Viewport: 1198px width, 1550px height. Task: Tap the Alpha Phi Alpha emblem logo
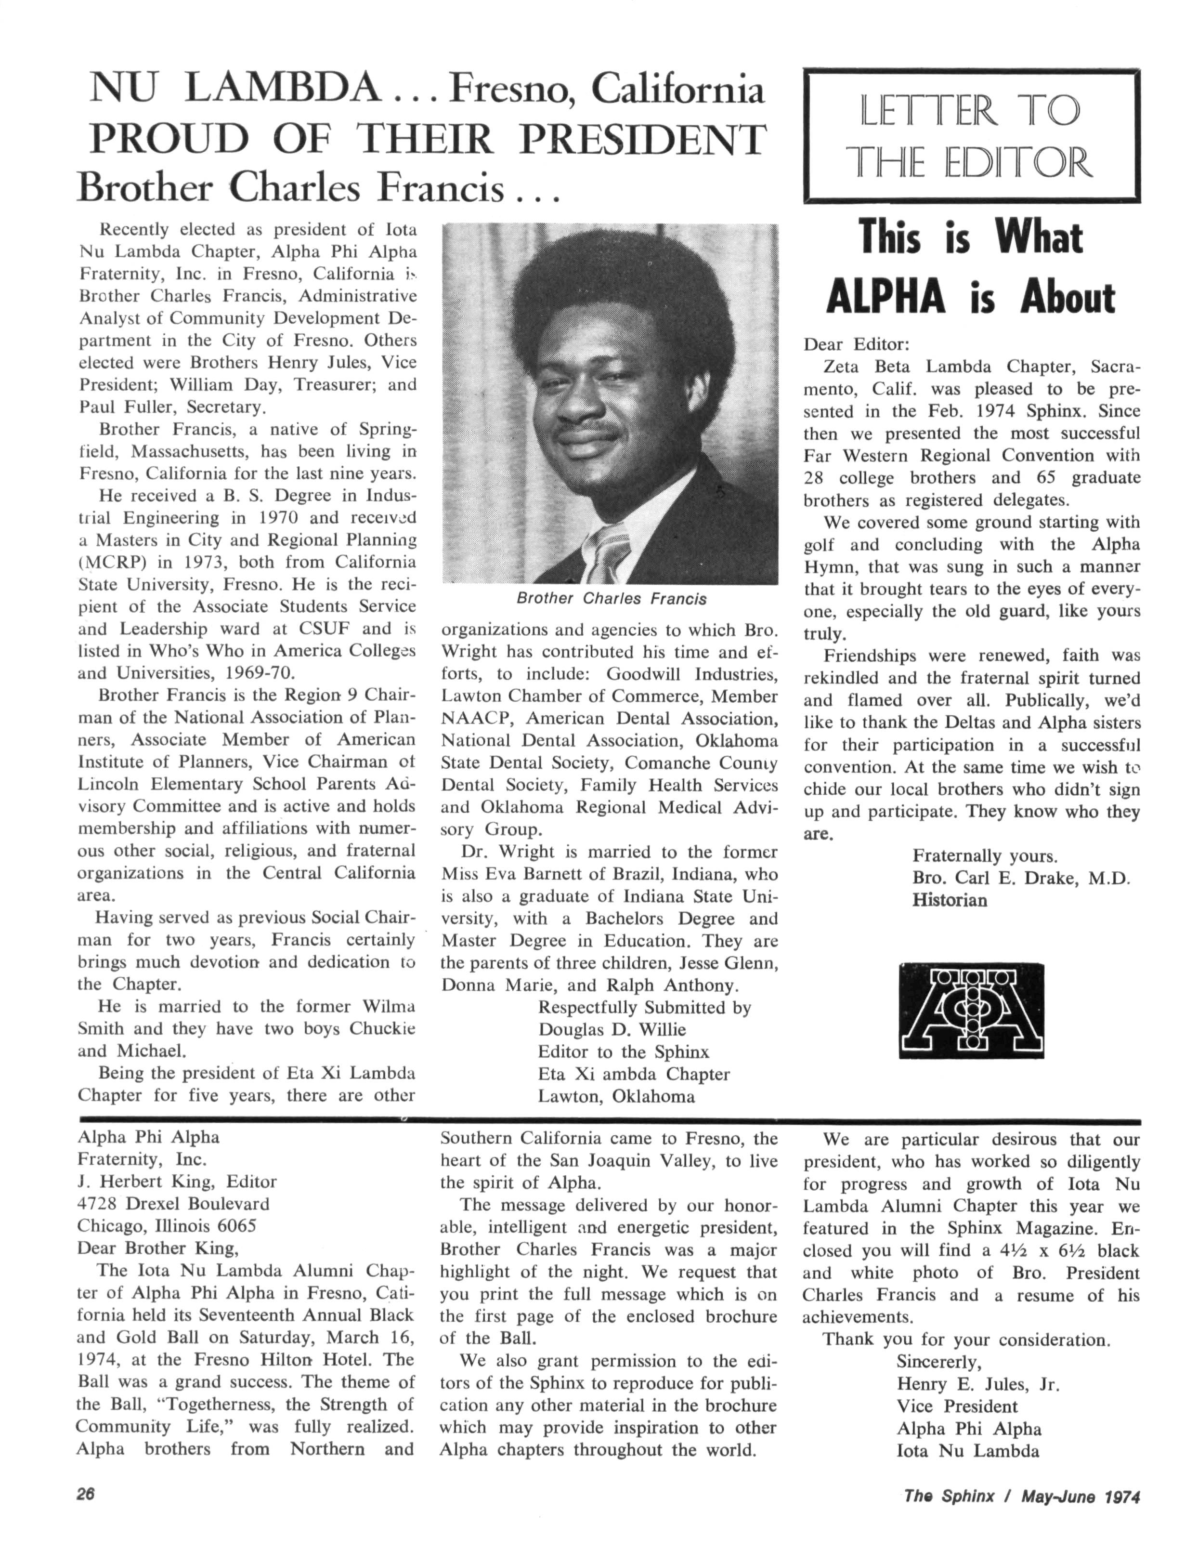coord(970,1011)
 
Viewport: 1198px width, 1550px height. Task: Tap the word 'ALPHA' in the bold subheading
coord(885,298)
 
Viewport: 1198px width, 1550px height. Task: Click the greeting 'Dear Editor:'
coord(856,345)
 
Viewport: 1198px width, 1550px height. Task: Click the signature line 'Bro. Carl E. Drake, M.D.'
coord(1020,878)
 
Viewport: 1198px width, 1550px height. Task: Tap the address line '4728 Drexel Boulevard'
coord(173,1204)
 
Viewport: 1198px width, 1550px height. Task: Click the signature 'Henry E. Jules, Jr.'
coord(977,1385)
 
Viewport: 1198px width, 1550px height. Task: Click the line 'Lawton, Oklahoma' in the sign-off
coord(616,1096)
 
